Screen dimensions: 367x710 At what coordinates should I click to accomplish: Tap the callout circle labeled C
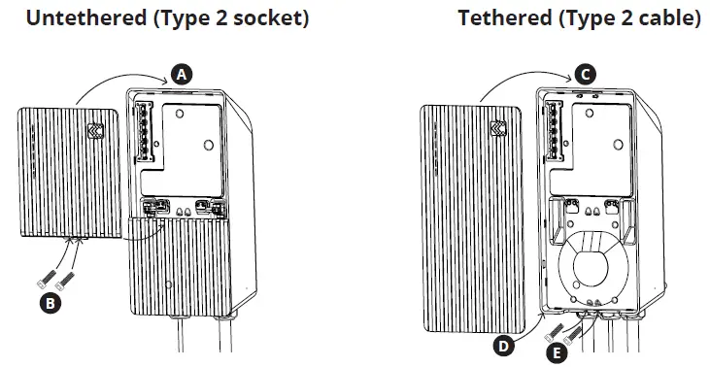(584, 73)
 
